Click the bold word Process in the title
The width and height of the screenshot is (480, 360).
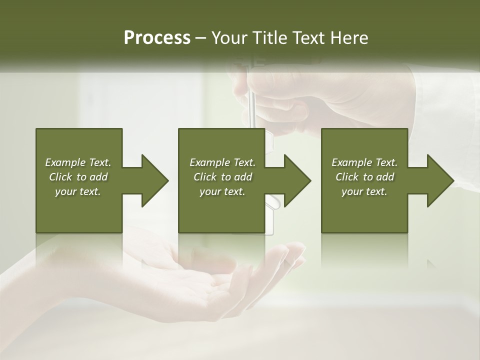coord(157,38)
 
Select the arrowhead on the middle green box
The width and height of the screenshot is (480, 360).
coord(294,180)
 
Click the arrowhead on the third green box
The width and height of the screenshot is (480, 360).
coord(437,180)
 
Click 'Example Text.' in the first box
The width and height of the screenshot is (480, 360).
coord(78,162)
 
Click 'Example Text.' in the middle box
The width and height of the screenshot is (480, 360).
coord(222,162)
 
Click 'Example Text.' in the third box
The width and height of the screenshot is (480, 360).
coord(364,162)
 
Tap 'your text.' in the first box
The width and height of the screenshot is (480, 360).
coord(78,191)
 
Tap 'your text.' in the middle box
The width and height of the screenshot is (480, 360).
coord(222,191)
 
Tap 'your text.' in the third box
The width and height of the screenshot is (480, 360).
coord(364,191)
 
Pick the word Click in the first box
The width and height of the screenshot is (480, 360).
coord(60,177)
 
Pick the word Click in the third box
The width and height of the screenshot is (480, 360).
coord(347,177)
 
